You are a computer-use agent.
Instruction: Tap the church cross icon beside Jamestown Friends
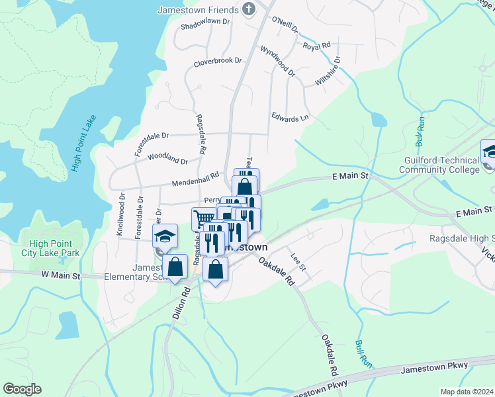coord(249,9)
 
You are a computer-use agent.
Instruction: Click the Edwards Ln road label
coord(290,117)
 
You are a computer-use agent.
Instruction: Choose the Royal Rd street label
coord(316,46)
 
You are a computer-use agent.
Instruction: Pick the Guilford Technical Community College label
coord(439,165)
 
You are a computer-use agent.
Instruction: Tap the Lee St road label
coord(298,262)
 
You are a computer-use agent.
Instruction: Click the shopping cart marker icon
coord(204,218)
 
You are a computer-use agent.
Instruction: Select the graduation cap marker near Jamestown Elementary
coord(167,235)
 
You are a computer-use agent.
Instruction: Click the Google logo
coord(22,389)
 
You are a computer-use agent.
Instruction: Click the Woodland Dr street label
coord(167,158)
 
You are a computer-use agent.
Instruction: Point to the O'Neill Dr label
coord(285,24)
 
